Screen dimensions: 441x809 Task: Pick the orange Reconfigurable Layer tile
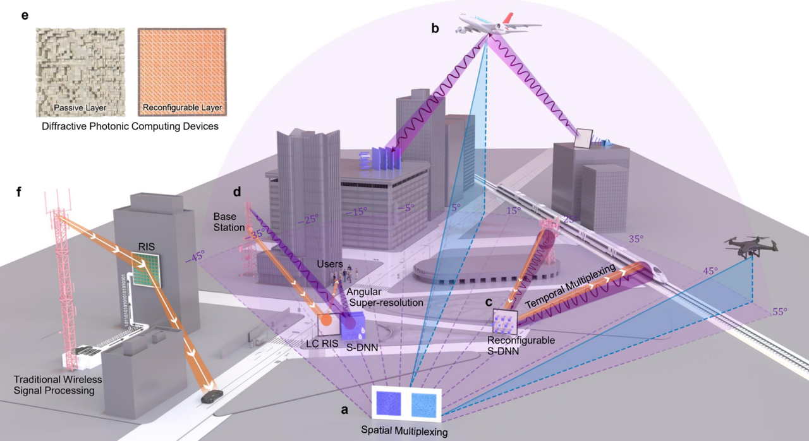tap(181, 71)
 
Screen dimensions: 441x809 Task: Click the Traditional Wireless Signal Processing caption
tap(59, 385)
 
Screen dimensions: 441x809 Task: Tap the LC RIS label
tap(314, 344)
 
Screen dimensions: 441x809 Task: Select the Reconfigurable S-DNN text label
tap(521, 345)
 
